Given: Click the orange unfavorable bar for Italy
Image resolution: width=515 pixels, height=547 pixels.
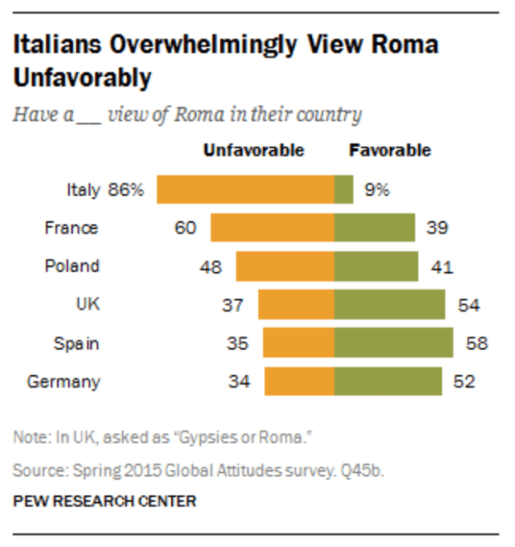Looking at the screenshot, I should [x=245, y=190].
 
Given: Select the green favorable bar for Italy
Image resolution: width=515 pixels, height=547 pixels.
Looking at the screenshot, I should [x=344, y=190].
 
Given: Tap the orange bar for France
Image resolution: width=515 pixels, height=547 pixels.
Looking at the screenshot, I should [x=272, y=228].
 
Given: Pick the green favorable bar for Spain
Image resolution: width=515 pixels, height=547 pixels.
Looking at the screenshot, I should [x=394, y=343].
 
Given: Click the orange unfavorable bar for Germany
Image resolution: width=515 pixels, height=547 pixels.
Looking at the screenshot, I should [x=299, y=382].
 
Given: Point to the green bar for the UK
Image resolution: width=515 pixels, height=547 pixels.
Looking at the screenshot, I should [x=390, y=305].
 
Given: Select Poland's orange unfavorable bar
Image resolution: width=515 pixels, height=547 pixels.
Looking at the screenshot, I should [x=285, y=266].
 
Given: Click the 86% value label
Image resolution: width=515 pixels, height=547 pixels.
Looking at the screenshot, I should [x=125, y=190].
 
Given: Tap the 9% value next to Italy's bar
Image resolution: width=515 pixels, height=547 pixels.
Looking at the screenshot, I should [x=377, y=190].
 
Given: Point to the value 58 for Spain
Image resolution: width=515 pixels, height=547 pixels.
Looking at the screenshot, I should [x=476, y=343].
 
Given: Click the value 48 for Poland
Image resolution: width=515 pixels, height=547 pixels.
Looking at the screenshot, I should [x=211, y=266].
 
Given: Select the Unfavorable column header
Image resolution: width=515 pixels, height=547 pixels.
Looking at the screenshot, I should [x=254, y=151].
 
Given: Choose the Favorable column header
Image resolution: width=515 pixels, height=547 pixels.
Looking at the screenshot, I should [x=390, y=151].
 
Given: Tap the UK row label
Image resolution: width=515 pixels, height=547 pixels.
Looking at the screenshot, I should [x=87, y=305].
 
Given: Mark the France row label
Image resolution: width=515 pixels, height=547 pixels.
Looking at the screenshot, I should [x=71, y=228].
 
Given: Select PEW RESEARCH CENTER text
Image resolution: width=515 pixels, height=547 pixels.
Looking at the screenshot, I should [x=105, y=500].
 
